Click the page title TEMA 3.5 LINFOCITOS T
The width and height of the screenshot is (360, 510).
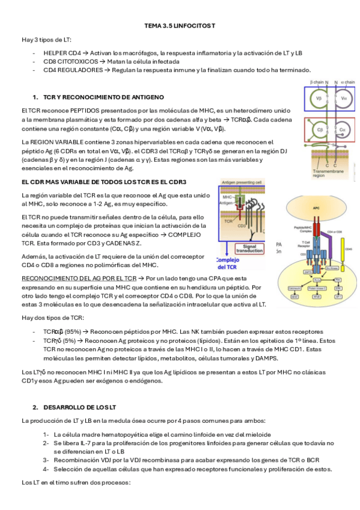click(179, 26)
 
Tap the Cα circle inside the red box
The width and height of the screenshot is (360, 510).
click(342, 130)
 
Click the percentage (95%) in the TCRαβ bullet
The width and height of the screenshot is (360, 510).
click(73, 331)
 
